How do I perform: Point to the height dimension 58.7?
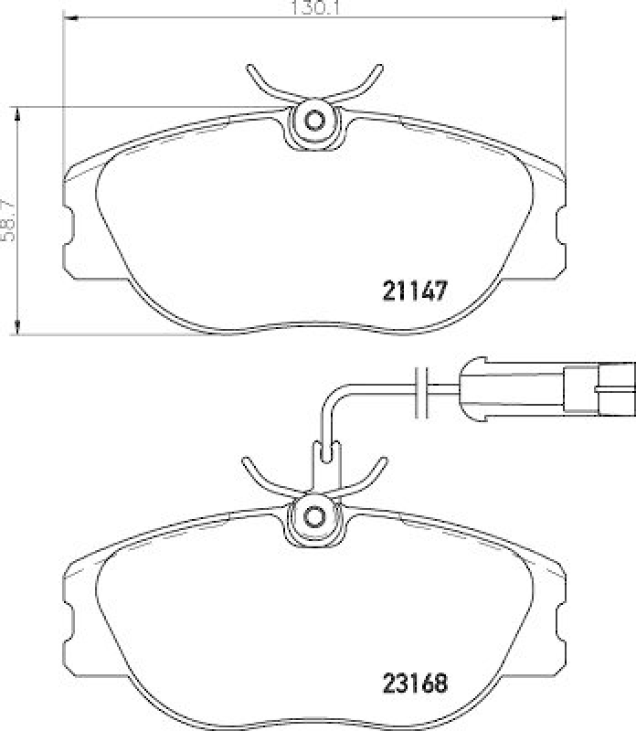pos(10,220)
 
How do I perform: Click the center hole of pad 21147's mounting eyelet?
pos(314,120)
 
